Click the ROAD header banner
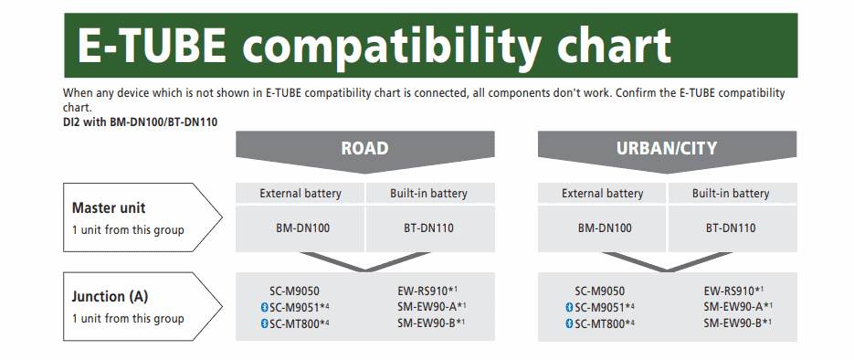(x=364, y=148)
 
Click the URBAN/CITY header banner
(x=667, y=148)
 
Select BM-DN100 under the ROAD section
(x=300, y=228)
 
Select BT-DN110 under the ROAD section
(x=428, y=228)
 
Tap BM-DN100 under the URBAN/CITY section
(x=603, y=228)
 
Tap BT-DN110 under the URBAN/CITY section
(x=731, y=228)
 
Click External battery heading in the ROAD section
(x=300, y=194)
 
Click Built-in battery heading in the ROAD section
(x=428, y=194)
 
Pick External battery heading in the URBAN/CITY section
(x=603, y=194)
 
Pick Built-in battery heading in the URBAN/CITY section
(x=731, y=194)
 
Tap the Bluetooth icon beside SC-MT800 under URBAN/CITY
(x=567, y=323)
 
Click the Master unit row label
(x=109, y=207)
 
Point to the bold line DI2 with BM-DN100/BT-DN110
(x=140, y=122)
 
